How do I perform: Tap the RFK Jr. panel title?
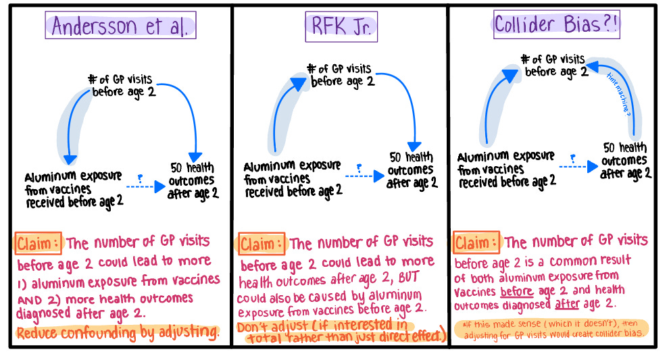(340, 26)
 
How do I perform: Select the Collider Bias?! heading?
(558, 25)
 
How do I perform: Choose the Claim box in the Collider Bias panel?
(476, 242)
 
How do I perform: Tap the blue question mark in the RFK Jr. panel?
(359, 166)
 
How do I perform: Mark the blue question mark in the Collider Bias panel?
(573, 158)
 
